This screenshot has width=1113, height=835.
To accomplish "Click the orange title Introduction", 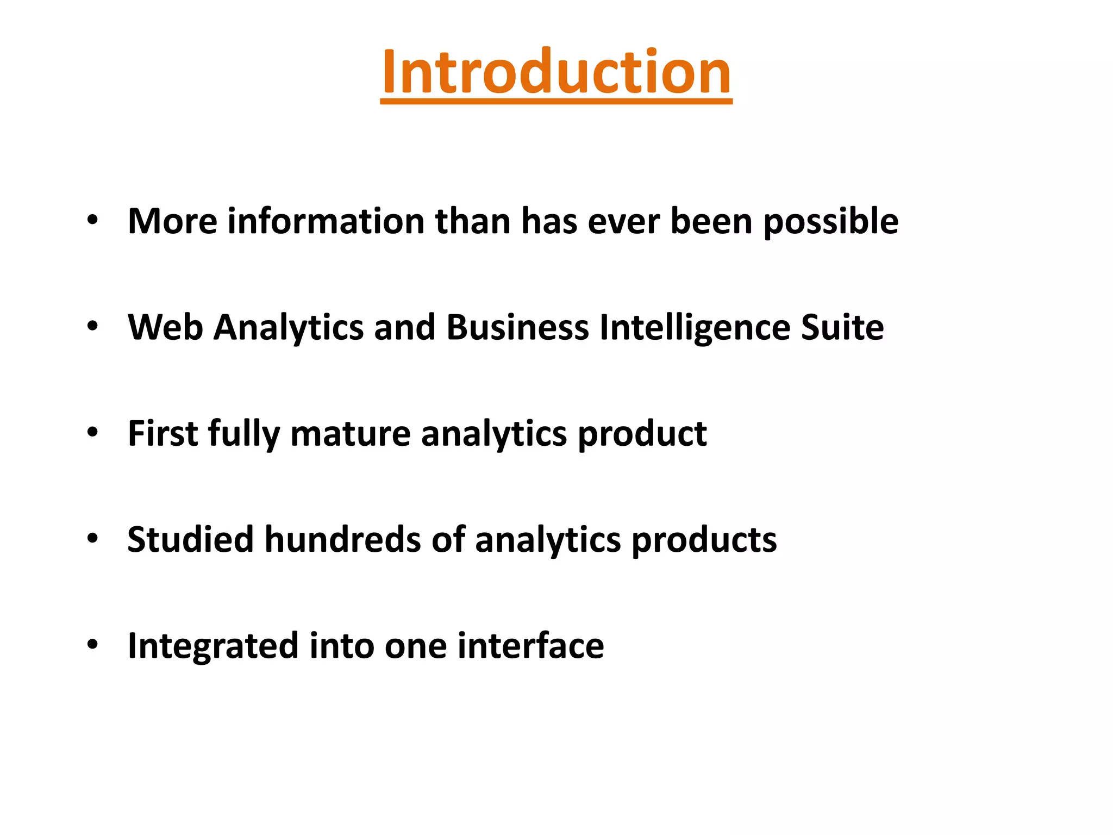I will [556, 72].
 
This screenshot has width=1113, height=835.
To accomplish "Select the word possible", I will [831, 222].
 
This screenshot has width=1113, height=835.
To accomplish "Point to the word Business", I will [517, 327].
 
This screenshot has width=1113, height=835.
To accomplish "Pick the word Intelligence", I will [695, 328].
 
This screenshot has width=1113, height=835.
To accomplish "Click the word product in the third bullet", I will [642, 434].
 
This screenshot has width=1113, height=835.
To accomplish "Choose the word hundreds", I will [343, 539].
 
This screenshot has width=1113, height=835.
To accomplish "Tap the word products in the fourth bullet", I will [704, 540].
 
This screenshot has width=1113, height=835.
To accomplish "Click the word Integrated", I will [213, 646].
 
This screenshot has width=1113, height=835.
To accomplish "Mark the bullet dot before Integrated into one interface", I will [92, 645].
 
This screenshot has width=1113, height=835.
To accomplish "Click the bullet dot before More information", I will [92, 221].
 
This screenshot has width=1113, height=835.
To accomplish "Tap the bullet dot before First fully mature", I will [92, 433].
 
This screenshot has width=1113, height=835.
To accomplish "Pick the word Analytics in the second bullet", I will [289, 328].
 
